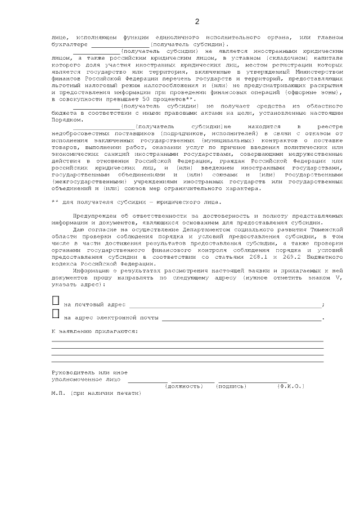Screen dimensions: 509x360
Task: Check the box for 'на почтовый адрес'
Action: [56, 301]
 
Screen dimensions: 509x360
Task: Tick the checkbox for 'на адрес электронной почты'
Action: [56, 314]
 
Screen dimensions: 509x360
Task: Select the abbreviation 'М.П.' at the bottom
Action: [57, 393]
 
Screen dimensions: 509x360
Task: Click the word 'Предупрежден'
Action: [94, 215]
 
